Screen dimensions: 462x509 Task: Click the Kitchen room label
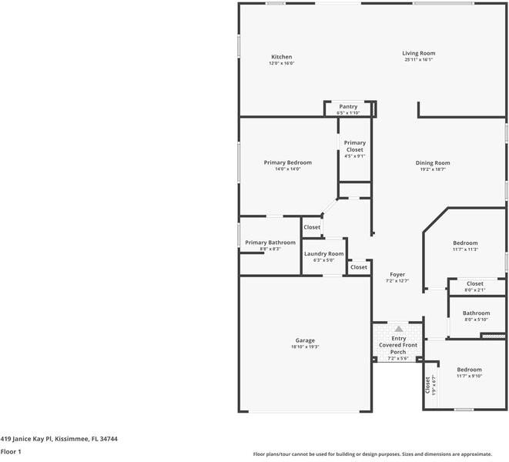[281, 56]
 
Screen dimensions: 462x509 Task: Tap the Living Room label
[418, 53]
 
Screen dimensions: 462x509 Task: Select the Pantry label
[348, 107]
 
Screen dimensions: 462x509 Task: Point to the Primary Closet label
[354, 146]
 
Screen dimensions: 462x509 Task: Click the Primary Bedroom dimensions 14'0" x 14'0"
[287, 169]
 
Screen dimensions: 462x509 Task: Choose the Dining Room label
[433, 162]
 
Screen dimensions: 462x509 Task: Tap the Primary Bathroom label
[270, 243]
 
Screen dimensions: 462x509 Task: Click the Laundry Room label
[323, 253]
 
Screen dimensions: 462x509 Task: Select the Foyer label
[397, 274]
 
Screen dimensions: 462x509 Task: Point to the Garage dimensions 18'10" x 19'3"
[305, 347]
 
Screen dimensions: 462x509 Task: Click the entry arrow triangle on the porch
[399, 329]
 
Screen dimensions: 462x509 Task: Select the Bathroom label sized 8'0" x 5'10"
[476, 313]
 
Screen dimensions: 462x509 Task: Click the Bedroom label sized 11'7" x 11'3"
[465, 243]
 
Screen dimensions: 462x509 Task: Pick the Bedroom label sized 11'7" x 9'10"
[469, 370]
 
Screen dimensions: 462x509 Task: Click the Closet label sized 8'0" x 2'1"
[475, 283]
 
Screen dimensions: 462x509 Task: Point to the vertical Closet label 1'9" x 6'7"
[428, 384]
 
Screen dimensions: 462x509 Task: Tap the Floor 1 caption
[11, 452]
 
